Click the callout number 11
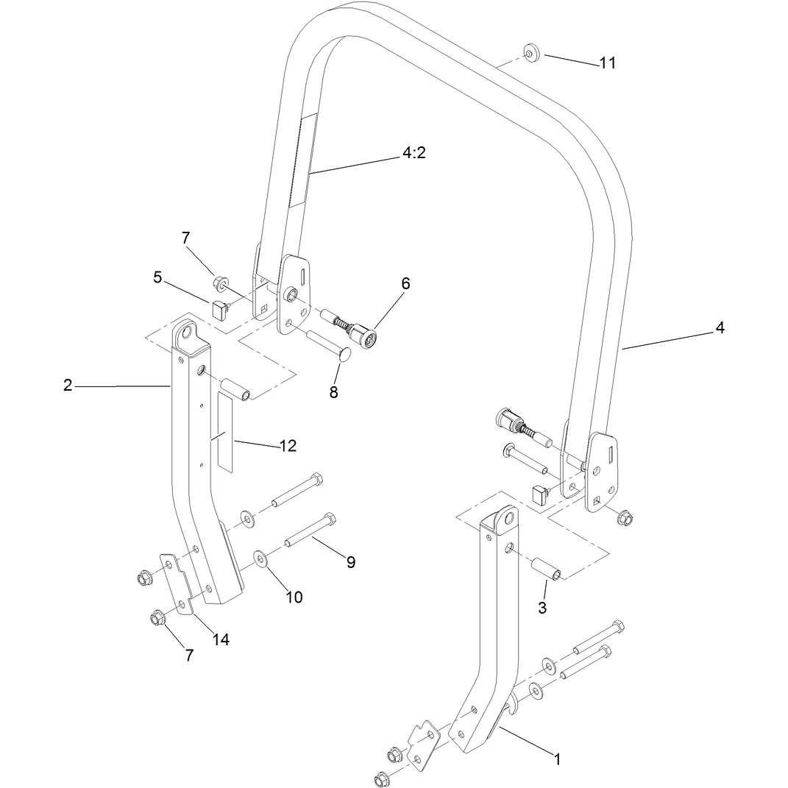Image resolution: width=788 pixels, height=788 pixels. (x=607, y=63)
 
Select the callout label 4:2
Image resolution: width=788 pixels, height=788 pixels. (x=413, y=152)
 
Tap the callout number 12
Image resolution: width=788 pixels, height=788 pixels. (x=288, y=446)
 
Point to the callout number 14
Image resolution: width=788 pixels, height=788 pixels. (x=221, y=639)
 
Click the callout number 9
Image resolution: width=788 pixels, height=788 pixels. (x=351, y=562)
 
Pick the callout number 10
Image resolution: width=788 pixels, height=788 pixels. (x=294, y=597)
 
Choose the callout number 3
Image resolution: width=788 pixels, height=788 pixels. (x=542, y=608)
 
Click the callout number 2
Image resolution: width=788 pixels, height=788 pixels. (x=68, y=386)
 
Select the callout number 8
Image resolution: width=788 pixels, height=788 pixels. (x=334, y=392)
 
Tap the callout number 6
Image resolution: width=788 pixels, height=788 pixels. (x=405, y=283)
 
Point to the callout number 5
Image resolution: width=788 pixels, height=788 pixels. (x=157, y=277)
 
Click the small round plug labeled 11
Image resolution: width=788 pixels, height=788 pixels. (x=530, y=52)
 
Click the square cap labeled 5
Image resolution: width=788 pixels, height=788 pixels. (x=219, y=310)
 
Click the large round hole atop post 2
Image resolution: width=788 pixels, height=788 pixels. (x=188, y=332)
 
